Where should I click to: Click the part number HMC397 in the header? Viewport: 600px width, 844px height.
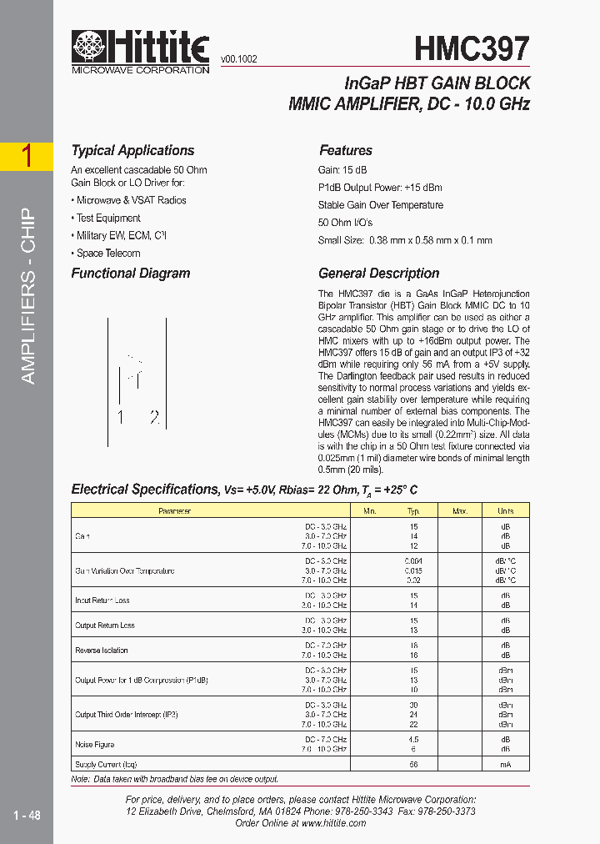click(x=472, y=49)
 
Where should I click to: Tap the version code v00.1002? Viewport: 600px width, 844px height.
click(x=238, y=59)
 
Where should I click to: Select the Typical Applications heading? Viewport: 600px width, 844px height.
click(x=132, y=151)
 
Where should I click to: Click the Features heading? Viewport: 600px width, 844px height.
click(x=346, y=151)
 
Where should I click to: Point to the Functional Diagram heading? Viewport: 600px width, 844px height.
click(x=130, y=274)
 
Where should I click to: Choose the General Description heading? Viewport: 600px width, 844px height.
click(x=378, y=274)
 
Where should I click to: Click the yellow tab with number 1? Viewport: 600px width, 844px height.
click(x=27, y=156)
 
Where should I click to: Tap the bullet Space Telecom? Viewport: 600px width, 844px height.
click(x=107, y=254)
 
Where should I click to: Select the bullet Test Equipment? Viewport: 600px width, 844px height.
click(x=107, y=219)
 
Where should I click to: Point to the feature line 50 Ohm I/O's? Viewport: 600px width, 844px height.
click(x=345, y=223)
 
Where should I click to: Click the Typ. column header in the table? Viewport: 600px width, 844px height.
click(x=413, y=511)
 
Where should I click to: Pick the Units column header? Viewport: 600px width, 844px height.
click(x=506, y=511)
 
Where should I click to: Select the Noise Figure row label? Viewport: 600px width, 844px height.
click(x=94, y=744)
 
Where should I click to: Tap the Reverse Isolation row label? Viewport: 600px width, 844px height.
click(x=102, y=651)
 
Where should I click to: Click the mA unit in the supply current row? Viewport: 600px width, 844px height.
click(x=506, y=764)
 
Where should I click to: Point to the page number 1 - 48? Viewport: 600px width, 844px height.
click(x=27, y=815)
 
